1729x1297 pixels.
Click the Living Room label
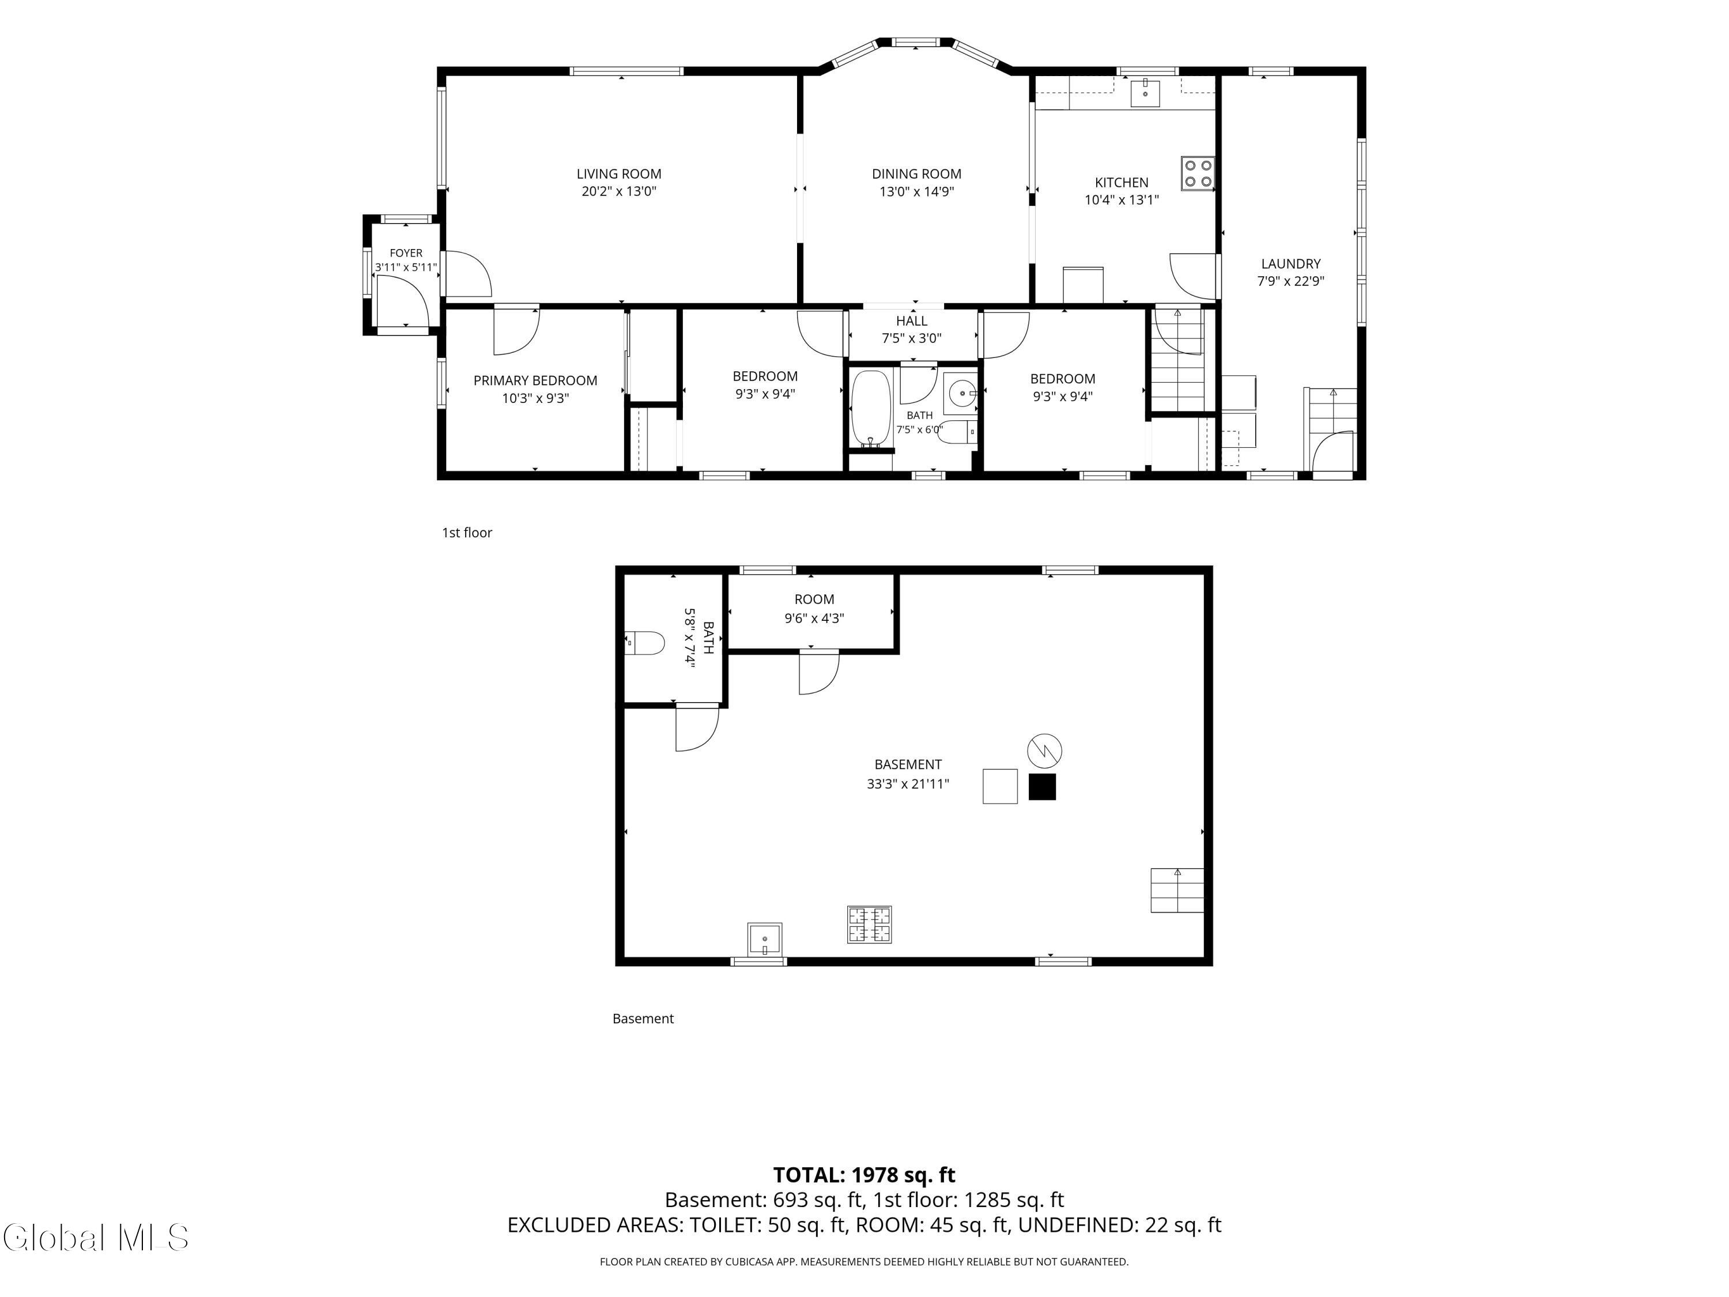tap(618, 174)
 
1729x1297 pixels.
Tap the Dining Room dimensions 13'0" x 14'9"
tap(916, 191)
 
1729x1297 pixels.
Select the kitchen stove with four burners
tap(1198, 174)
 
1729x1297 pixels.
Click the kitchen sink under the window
tap(1145, 92)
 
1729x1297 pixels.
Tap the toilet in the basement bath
tap(645, 643)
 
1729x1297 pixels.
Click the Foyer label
tap(406, 253)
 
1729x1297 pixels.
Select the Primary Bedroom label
tap(535, 380)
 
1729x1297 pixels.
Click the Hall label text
tap(911, 321)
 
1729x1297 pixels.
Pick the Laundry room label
tap(1290, 264)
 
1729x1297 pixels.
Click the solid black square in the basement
tap(1042, 786)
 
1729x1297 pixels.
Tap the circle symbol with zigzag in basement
tap(1044, 751)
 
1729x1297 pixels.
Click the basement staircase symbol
tap(1177, 891)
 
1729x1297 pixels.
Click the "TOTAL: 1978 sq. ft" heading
tap(864, 1175)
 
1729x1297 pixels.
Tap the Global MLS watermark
tap(95, 1238)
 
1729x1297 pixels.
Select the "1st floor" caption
tap(467, 533)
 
